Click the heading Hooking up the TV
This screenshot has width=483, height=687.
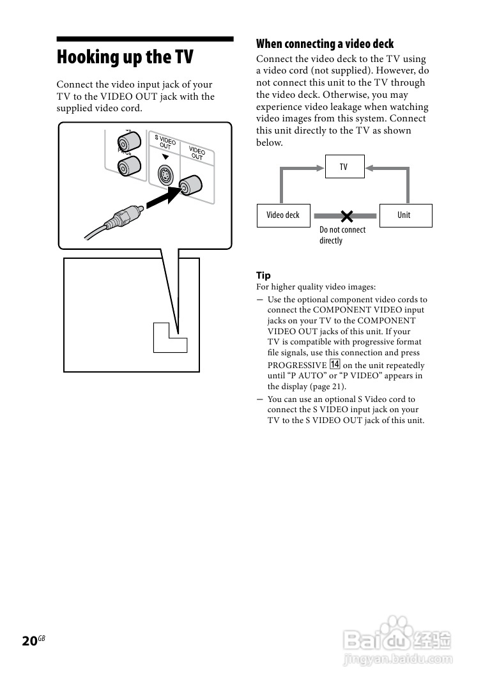point(125,58)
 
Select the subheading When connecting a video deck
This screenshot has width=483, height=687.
point(325,43)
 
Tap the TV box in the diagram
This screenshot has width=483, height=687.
point(344,167)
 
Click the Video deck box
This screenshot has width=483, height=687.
point(282,215)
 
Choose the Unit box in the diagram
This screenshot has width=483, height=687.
point(404,215)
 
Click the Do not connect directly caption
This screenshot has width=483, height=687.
point(342,235)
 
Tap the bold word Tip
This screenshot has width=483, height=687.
point(263,275)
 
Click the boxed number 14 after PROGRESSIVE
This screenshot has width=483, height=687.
point(335,365)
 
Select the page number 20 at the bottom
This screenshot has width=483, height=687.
point(29,641)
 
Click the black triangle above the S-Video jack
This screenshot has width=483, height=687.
point(165,157)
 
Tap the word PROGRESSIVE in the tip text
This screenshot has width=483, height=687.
point(297,366)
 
